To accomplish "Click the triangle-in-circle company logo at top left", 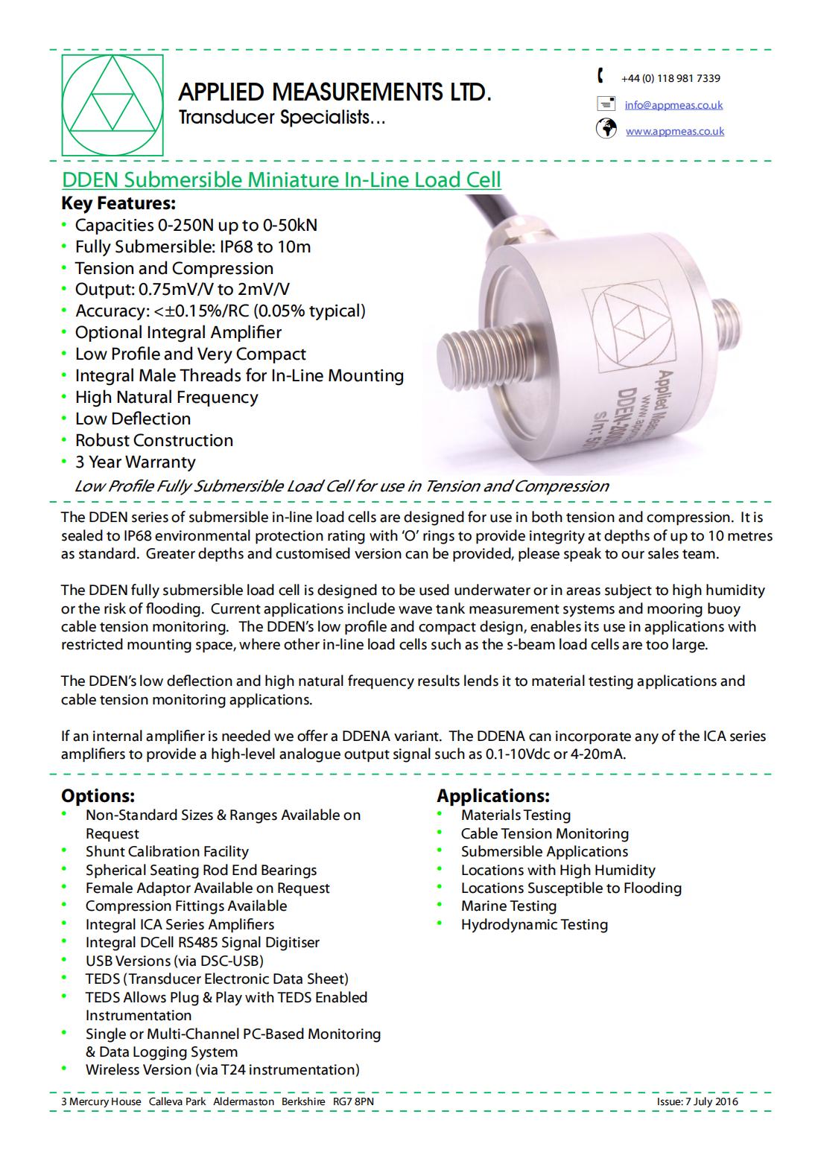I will pyautogui.click(x=112, y=105).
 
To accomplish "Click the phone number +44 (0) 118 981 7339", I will pyautogui.click(x=671, y=78).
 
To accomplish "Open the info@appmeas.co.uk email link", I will pyautogui.click(x=673, y=105).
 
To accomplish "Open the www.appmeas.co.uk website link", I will pyautogui.click(x=674, y=131).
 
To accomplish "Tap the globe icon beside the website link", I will pyautogui.click(x=606, y=129).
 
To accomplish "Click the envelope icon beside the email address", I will pyautogui.click(x=606, y=104).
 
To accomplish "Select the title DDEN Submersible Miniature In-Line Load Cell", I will pyautogui.click(x=281, y=179).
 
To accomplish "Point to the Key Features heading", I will pyautogui.click(x=118, y=203).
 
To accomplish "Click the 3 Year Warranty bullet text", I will pyautogui.click(x=135, y=462).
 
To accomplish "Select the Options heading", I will pyautogui.click(x=98, y=796).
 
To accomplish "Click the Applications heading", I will pyautogui.click(x=492, y=796).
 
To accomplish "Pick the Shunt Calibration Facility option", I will pyautogui.click(x=167, y=851).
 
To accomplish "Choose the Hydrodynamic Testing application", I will pyautogui.click(x=534, y=924).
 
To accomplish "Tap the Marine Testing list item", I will pyautogui.click(x=508, y=906).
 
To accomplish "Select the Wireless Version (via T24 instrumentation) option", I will pyautogui.click(x=222, y=1069).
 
